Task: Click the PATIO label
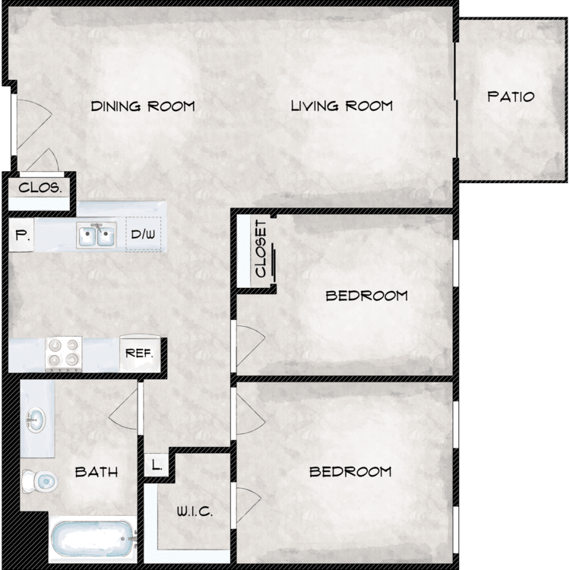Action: coord(511,97)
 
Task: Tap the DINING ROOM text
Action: coord(143,106)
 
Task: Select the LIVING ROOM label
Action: coord(342,106)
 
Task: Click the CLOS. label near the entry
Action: coord(40,188)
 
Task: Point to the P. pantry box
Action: coord(21,235)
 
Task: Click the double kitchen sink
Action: coord(97,235)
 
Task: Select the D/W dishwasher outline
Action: coord(143,234)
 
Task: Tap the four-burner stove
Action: coord(64,354)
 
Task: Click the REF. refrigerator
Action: coord(140,353)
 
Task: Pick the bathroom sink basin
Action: coord(36,420)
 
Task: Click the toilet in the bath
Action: coord(40,481)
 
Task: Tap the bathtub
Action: coord(93,539)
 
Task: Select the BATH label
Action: coord(97,472)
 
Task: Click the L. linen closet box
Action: coord(157,464)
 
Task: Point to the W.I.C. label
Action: coord(195,511)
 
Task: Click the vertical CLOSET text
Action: coord(261,249)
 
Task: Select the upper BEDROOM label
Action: coord(366,296)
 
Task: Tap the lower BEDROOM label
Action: coord(350,472)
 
